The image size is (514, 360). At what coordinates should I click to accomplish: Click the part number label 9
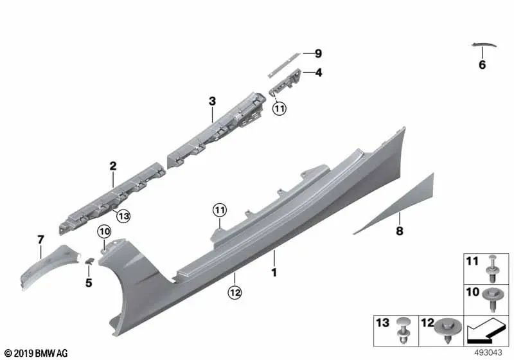tap(318, 53)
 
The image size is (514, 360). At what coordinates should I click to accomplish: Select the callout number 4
tap(318, 73)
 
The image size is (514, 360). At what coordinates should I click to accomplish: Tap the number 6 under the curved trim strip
tap(482, 64)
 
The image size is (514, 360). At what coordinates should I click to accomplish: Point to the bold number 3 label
tap(212, 102)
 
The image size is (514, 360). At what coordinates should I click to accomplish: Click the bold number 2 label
tap(113, 166)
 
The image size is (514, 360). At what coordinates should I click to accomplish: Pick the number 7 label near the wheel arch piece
tap(40, 240)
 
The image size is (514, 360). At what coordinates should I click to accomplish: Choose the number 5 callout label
tap(89, 283)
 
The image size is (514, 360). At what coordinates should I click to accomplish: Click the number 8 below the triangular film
tap(399, 231)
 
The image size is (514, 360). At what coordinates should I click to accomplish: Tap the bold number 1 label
tap(274, 272)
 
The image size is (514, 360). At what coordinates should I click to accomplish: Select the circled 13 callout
tap(123, 216)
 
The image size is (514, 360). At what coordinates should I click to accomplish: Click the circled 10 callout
tap(104, 232)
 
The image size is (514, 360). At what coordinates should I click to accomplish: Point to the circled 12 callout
tap(235, 292)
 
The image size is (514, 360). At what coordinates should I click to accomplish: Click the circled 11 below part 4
tap(279, 108)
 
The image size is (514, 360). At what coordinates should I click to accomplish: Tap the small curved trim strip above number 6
tap(484, 44)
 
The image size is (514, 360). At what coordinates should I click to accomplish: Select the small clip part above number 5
tap(89, 260)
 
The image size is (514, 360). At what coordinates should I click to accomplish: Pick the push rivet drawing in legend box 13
tap(403, 330)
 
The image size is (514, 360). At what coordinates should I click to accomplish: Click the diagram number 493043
tap(488, 353)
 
